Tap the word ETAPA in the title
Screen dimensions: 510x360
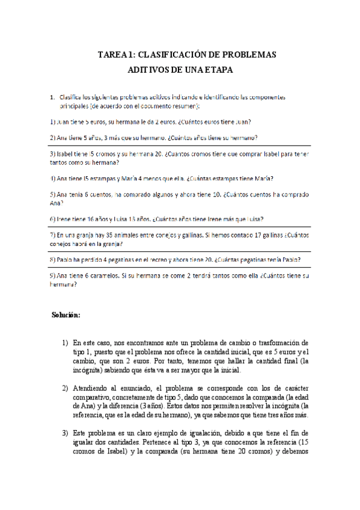pyautogui.click(x=216, y=70)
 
